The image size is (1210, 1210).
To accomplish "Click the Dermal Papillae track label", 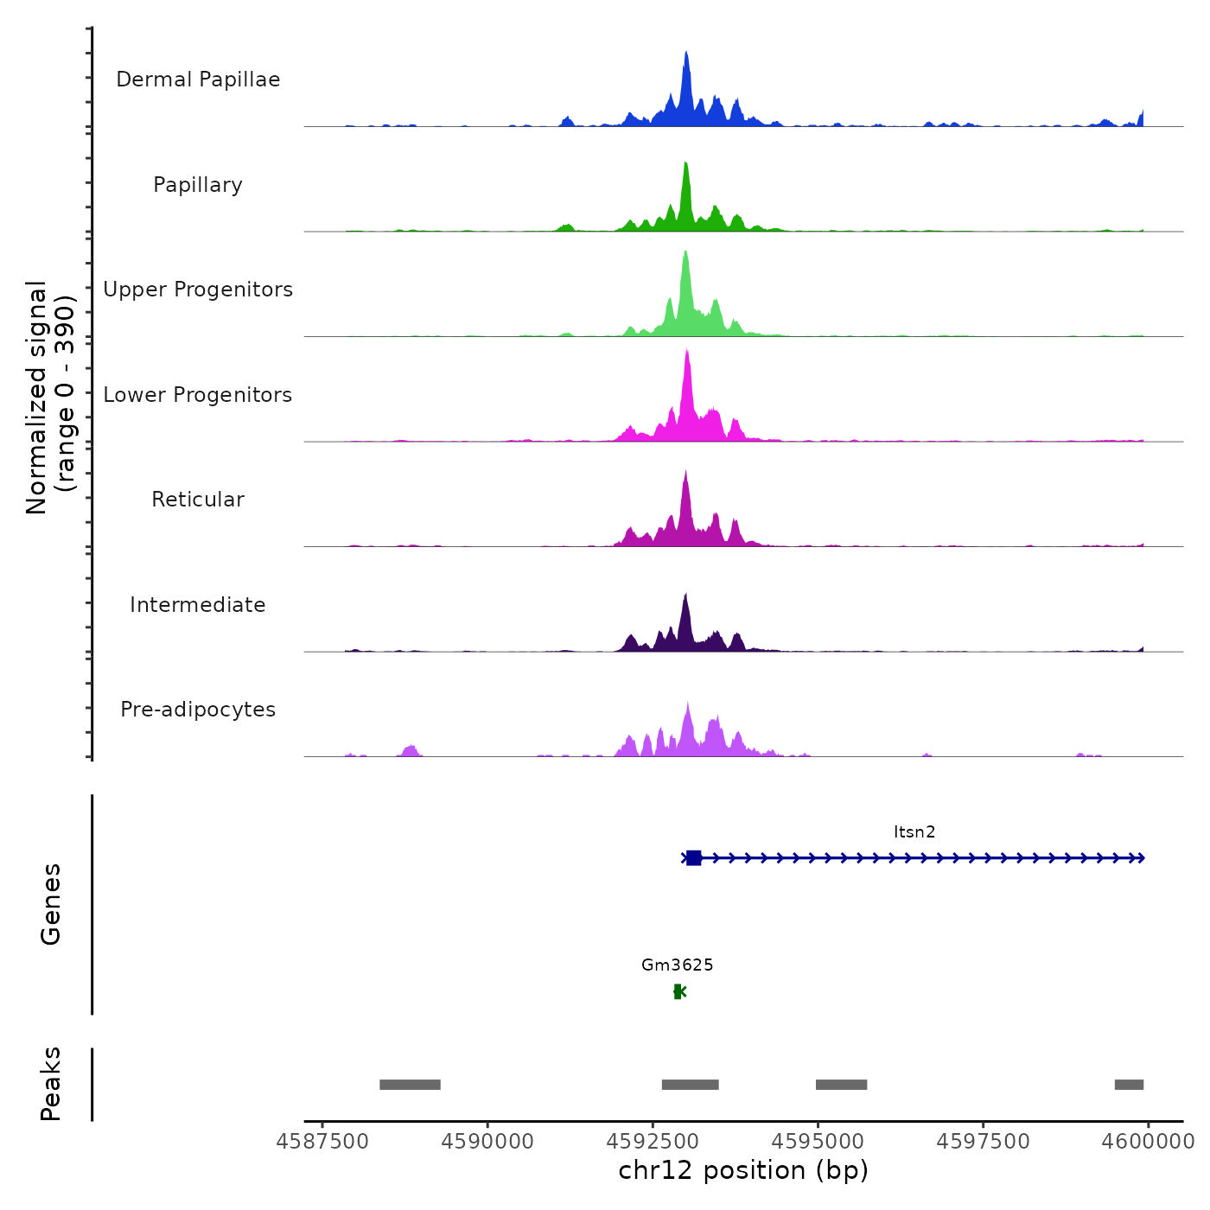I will pyautogui.click(x=198, y=80).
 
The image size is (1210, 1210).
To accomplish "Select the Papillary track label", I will pyautogui.click(x=198, y=185).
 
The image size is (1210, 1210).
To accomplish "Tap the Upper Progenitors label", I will pyautogui.click(x=198, y=290).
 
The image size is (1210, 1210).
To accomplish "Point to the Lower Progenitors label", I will pyautogui.click(x=198, y=395).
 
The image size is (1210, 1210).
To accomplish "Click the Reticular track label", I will pyautogui.click(x=198, y=500).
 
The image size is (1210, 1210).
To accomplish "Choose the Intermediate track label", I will pyautogui.click(x=198, y=605).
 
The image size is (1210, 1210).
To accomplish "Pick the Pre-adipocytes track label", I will pyautogui.click(x=198, y=710).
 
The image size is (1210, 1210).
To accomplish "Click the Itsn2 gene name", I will pyautogui.click(x=914, y=832).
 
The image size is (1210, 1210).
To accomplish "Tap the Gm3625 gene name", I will pyautogui.click(x=678, y=965).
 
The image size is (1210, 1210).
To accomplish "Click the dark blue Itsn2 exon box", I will pyautogui.click(x=693, y=858).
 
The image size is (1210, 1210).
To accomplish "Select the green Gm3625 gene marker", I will pyautogui.click(x=678, y=991).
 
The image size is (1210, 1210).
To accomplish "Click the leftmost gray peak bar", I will pyautogui.click(x=410, y=1085).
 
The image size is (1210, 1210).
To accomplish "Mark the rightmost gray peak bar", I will pyautogui.click(x=1129, y=1085).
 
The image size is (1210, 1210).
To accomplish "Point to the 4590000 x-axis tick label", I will pyautogui.click(x=488, y=1142).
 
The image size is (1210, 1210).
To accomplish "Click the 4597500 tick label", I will pyautogui.click(x=984, y=1142).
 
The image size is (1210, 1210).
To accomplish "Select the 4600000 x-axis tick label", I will pyautogui.click(x=1148, y=1142).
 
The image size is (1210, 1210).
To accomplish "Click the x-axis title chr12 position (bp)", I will pyautogui.click(x=743, y=1170).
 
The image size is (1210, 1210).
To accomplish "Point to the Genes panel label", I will pyautogui.click(x=51, y=904).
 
